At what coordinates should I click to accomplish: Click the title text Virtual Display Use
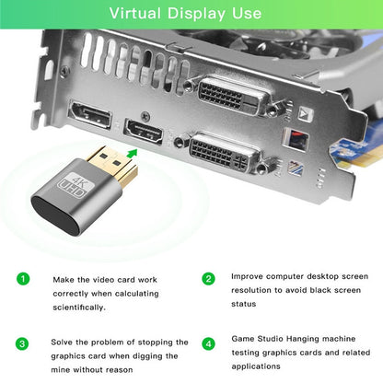coord(191,14)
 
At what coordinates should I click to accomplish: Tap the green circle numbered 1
coord(24,279)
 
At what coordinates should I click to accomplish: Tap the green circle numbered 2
coord(209,278)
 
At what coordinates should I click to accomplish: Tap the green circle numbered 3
coord(24,343)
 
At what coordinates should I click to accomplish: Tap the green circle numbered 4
coord(209,343)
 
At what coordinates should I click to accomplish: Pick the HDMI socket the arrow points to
coord(144,131)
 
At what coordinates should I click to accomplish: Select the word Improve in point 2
coord(250,275)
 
